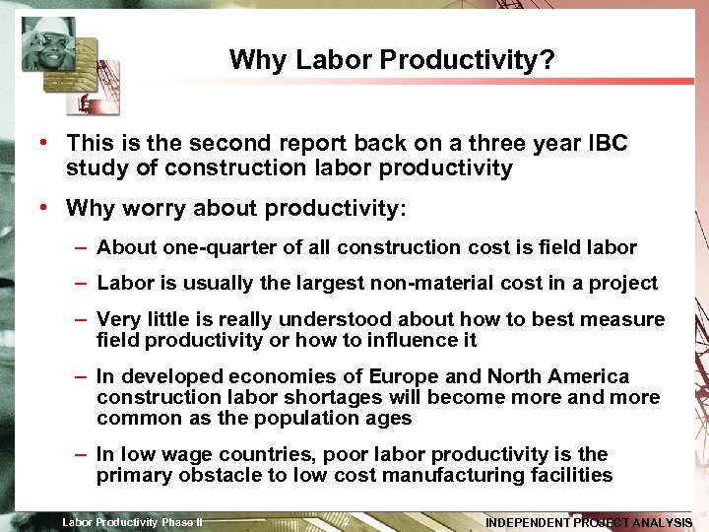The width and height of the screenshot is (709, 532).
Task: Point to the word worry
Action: coord(158,209)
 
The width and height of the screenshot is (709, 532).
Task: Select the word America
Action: coord(586,376)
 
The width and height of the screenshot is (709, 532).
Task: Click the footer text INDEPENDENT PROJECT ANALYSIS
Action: coord(589,522)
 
